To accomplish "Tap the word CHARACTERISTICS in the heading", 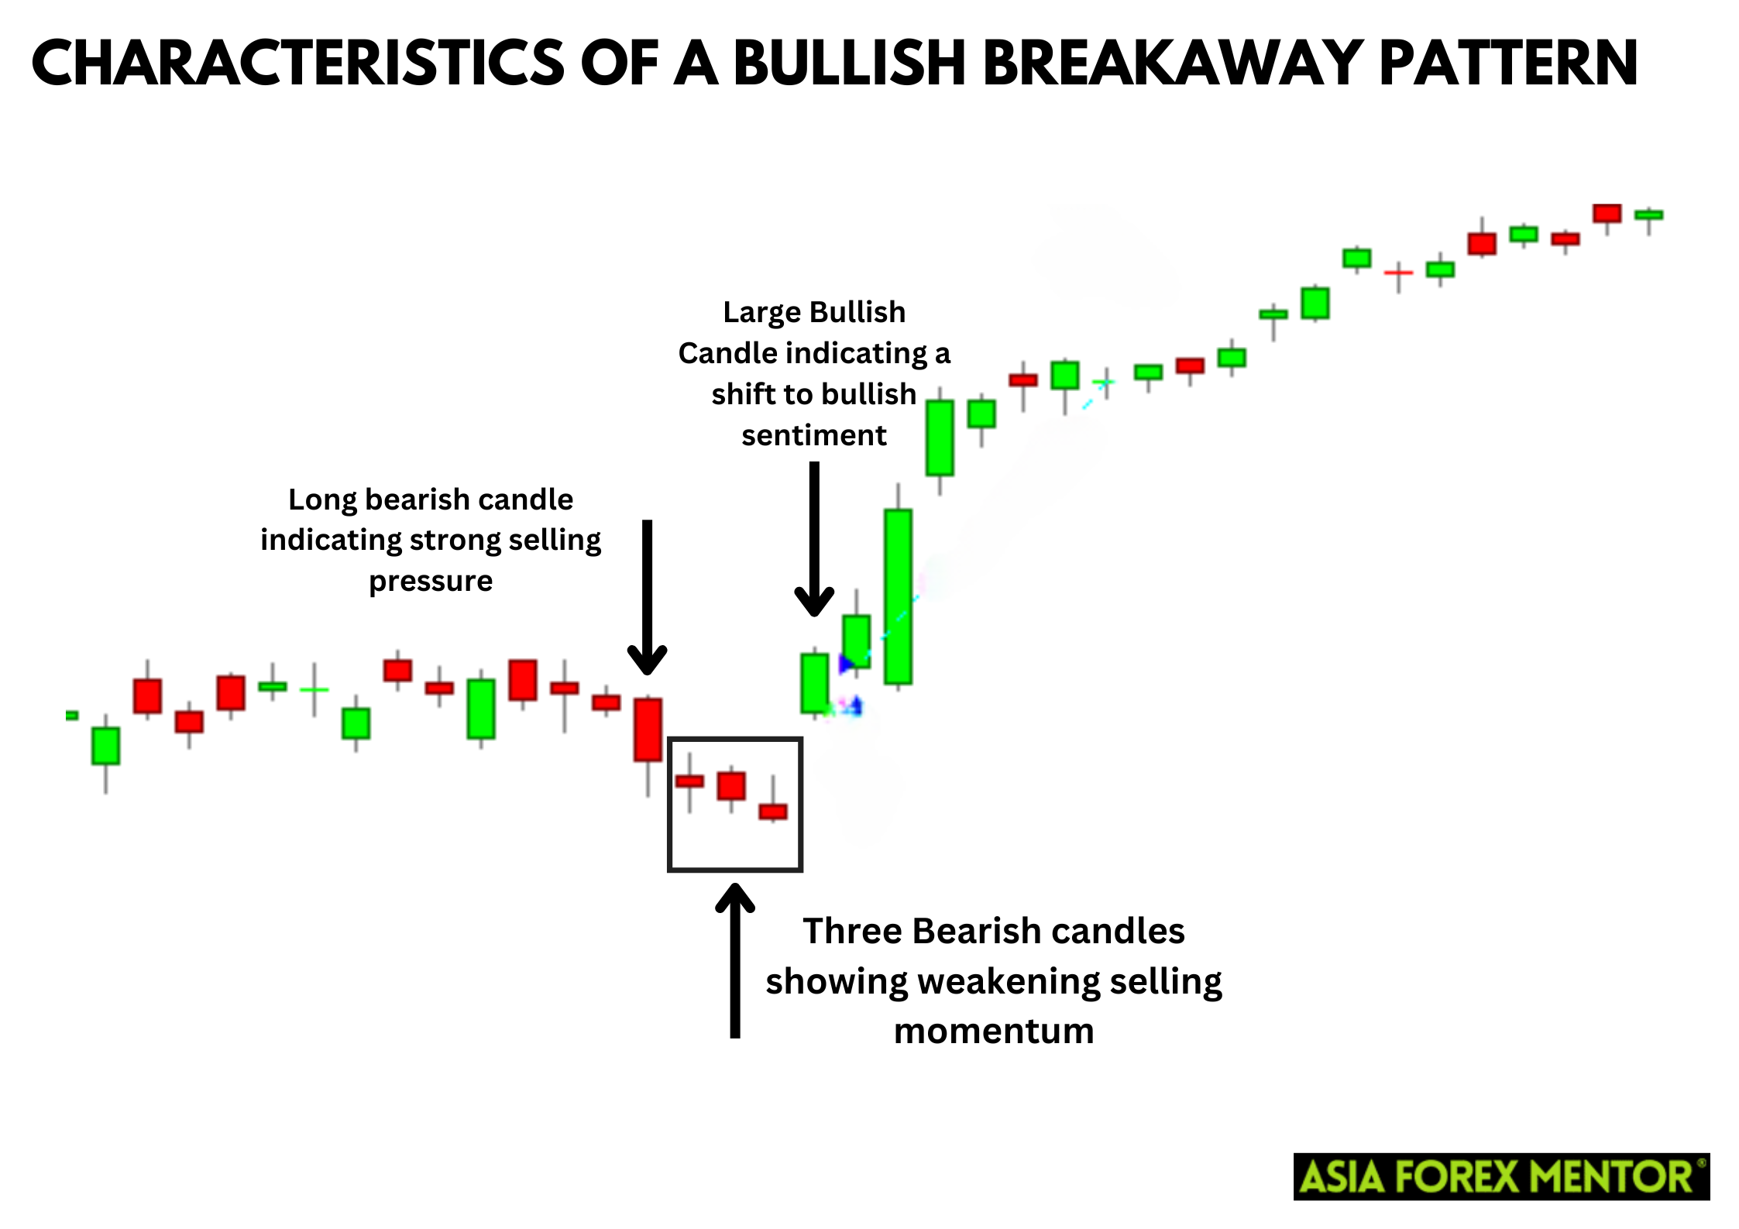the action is click(x=298, y=63).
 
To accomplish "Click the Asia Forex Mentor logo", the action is click(x=1501, y=1176).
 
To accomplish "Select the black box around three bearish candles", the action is click(x=668, y=804).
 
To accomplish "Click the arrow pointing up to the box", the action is click(x=735, y=960).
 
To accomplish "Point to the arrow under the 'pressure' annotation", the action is click(x=648, y=597).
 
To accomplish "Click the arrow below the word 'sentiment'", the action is click(x=814, y=539).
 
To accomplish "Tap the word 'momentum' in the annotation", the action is click(x=994, y=1032).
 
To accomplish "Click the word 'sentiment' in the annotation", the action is click(x=814, y=435).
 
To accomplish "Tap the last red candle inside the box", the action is click(x=773, y=811).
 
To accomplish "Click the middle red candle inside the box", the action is click(x=731, y=785).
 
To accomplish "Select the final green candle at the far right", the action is click(x=1649, y=215).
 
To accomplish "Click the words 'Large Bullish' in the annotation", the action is click(x=814, y=312).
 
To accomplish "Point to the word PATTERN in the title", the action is click(x=1508, y=63).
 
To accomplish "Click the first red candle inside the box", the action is click(x=689, y=781).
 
